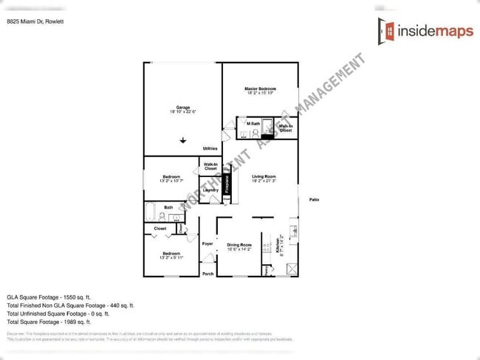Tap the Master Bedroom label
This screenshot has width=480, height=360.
click(x=260, y=89)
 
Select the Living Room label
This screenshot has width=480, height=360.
click(x=264, y=176)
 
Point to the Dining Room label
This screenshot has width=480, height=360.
click(x=239, y=245)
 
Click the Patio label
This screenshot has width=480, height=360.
click(x=314, y=200)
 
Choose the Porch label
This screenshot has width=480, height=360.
click(x=208, y=274)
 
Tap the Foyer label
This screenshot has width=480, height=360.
click(x=208, y=243)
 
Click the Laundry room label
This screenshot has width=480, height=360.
click(x=210, y=190)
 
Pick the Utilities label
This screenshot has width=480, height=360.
click(x=210, y=148)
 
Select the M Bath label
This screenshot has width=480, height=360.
click(x=253, y=123)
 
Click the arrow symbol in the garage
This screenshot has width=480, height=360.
click(x=183, y=140)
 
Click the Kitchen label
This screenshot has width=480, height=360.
click(x=278, y=245)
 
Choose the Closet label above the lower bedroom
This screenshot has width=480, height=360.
click(x=160, y=229)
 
